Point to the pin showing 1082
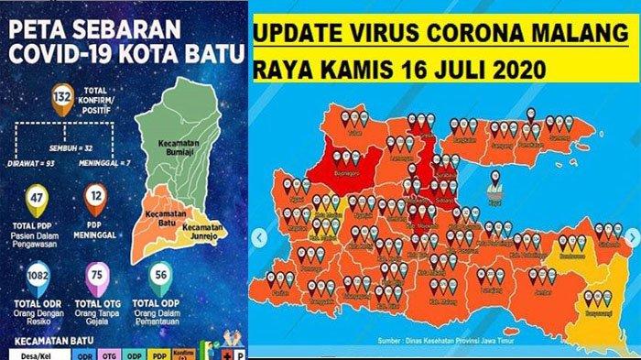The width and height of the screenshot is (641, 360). pyautogui.click(x=38, y=279)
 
